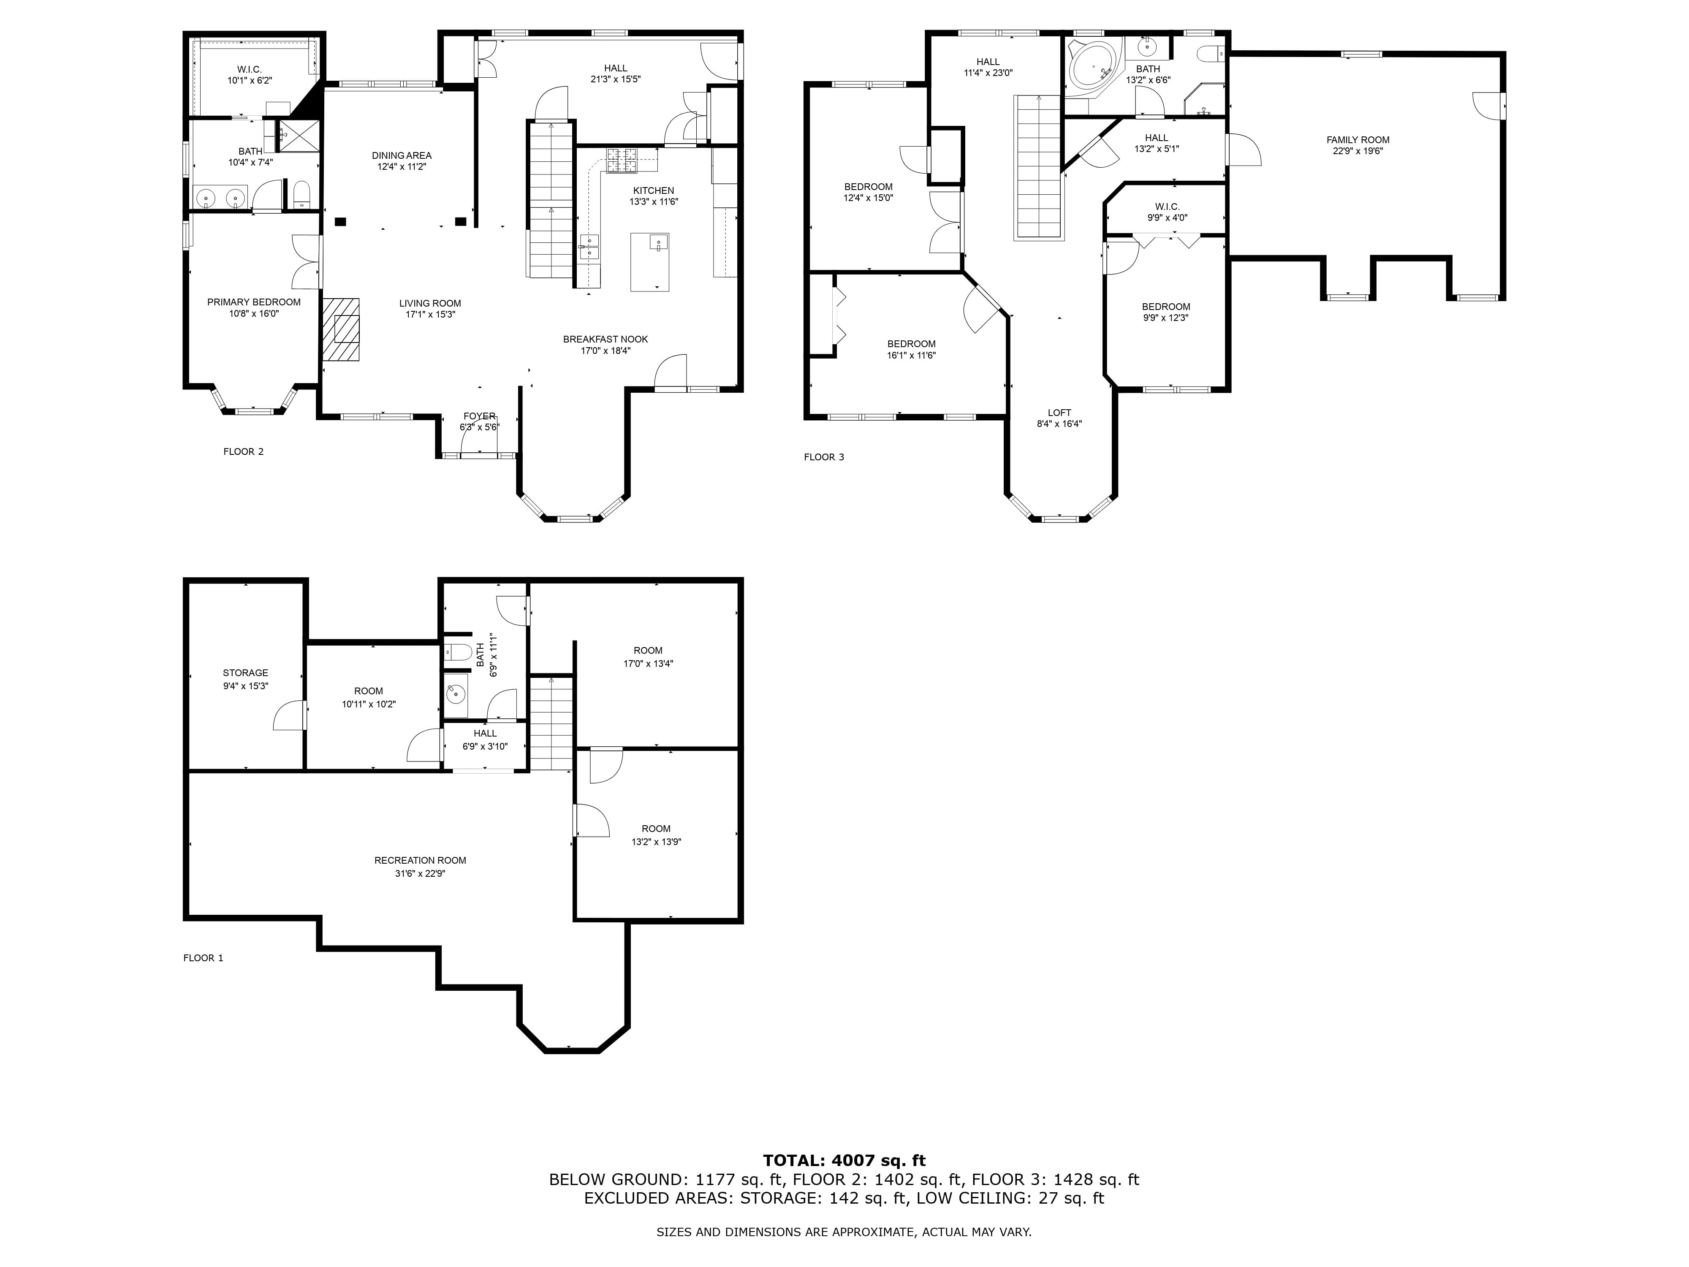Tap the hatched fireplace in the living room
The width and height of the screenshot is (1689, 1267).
click(341, 329)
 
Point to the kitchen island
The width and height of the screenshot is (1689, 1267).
click(650, 262)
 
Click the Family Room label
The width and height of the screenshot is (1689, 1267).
click(1358, 140)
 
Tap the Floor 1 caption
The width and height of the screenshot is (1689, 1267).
click(203, 958)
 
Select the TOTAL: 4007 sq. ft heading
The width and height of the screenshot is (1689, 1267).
click(844, 1161)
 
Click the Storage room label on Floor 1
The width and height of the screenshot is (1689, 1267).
click(245, 673)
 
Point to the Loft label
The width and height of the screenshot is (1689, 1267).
click(1059, 412)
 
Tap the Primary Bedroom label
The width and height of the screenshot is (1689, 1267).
click(253, 302)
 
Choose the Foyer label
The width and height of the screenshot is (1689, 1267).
click(480, 416)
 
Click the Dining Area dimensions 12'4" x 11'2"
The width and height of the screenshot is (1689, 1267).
click(402, 166)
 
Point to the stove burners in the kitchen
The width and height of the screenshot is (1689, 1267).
click(622, 160)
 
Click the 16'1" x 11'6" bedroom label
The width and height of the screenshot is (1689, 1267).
click(911, 355)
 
